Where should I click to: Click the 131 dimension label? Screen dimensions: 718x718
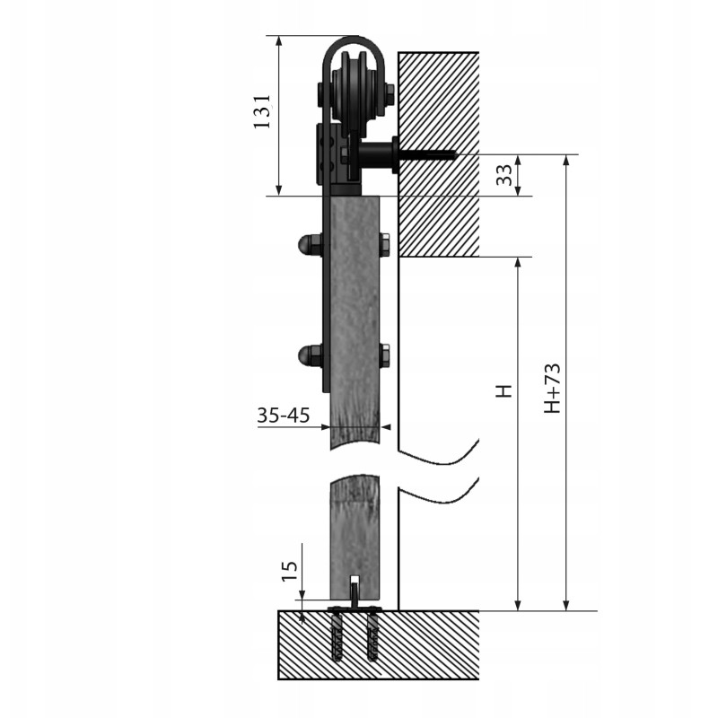pos(263,111)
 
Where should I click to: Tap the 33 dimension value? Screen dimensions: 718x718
pos(504,175)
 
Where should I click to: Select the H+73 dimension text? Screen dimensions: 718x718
pos(552,389)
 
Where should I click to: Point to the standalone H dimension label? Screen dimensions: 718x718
pos(504,390)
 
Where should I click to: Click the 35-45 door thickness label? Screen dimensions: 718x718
pos(284,416)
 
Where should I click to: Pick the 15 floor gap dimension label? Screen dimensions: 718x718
pos(289,571)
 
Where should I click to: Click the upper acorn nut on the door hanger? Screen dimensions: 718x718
pos(309,245)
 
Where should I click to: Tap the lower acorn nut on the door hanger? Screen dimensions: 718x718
pos(309,355)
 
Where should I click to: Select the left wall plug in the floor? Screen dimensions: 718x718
pos(337,636)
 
